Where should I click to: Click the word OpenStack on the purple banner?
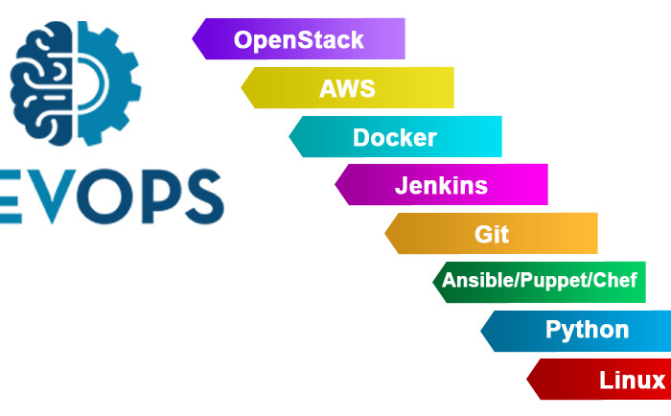(x=299, y=40)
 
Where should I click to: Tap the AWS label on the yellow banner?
(x=347, y=89)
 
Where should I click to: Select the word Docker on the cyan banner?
(x=395, y=137)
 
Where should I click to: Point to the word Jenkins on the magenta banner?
(x=441, y=185)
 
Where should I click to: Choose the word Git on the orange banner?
(x=492, y=234)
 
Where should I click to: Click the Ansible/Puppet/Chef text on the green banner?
(x=539, y=281)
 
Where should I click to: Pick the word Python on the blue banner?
(x=588, y=331)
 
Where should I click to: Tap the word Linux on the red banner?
(x=632, y=380)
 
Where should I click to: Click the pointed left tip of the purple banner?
(x=194, y=40)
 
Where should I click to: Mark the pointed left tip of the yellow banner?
(x=242, y=88)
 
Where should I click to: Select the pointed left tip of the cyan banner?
(x=290, y=137)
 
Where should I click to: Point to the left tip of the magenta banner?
(x=336, y=185)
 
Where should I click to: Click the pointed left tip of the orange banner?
(x=386, y=234)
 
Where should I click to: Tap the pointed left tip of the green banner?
(x=434, y=282)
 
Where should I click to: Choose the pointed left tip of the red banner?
(x=528, y=380)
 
